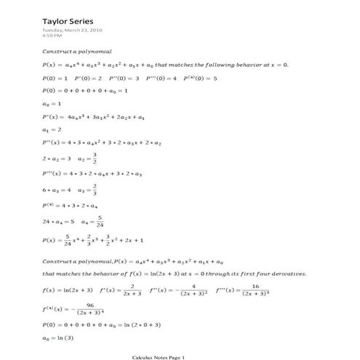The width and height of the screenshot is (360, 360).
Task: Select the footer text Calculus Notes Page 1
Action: click(159, 356)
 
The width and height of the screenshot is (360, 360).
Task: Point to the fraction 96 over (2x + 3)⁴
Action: click(89, 308)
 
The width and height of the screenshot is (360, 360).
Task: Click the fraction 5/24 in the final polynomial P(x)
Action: click(68, 239)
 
